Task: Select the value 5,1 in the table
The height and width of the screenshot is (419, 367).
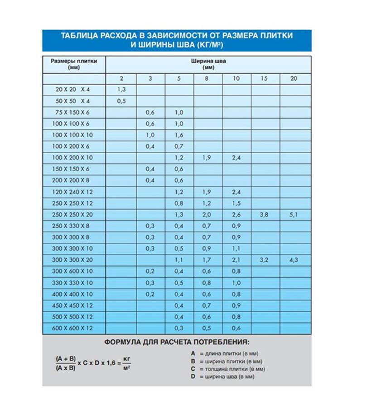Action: pyautogui.click(x=293, y=215)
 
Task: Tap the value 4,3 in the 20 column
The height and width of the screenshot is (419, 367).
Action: pyautogui.click(x=293, y=260)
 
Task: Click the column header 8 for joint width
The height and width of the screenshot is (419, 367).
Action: pyautogui.click(x=208, y=78)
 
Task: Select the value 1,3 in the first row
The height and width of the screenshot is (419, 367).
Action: pyautogui.click(x=121, y=90)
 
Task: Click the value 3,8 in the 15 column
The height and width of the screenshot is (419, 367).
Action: pyautogui.click(x=264, y=215)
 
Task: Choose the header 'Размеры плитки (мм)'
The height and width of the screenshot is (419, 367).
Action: pyautogui.click(x=73, y=64)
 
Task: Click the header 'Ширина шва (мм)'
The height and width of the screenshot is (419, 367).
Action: pyautogui.click(x=208, y=64)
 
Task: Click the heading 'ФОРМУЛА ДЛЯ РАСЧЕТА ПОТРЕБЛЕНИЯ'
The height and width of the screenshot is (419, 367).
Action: pyautogui.click(x=177, y=342)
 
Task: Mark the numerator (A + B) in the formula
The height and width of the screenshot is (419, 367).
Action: pyautogui.click(x=65, y=358)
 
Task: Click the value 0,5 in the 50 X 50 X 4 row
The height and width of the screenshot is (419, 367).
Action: pyautogui.click(x=121, y=101)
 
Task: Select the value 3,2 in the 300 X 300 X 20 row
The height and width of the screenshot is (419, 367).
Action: pyautogui.click(x=264, y=260)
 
